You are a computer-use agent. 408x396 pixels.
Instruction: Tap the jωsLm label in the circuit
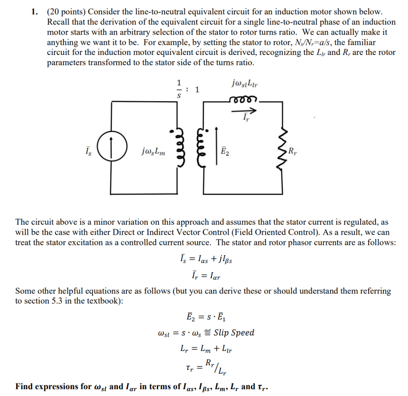click(153, 151)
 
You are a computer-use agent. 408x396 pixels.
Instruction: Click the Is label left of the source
click(89, 151)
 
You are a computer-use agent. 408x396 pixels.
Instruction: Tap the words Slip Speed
click(234, 333)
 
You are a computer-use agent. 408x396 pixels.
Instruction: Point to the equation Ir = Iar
click(204, 275)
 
